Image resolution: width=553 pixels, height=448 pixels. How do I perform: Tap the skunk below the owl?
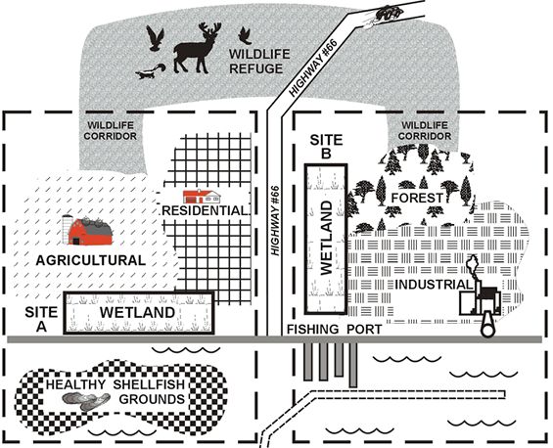151,71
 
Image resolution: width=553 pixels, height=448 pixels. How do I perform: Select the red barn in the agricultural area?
88,231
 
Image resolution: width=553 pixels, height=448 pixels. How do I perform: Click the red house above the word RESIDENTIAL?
202,197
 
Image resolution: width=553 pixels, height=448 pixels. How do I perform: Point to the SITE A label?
41,319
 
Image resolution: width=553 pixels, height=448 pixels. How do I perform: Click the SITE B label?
326,147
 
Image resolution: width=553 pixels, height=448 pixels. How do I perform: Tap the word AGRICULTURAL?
91,260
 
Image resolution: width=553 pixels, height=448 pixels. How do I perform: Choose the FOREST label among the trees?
417,199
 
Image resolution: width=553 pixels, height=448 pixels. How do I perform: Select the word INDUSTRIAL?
433,285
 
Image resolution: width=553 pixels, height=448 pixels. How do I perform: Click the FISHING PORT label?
334,330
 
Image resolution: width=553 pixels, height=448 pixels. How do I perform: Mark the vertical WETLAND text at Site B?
327,238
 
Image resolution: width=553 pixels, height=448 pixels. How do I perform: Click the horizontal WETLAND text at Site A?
138,313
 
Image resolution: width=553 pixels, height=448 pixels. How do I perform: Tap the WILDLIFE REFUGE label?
259,62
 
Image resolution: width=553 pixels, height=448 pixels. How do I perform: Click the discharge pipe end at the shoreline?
488,330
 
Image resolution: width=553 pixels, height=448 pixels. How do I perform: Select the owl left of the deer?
156,38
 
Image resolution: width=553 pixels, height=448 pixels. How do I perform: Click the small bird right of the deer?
245,35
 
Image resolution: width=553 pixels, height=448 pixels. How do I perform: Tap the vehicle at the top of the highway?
389,13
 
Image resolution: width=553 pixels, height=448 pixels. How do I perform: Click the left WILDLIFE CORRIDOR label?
110,131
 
